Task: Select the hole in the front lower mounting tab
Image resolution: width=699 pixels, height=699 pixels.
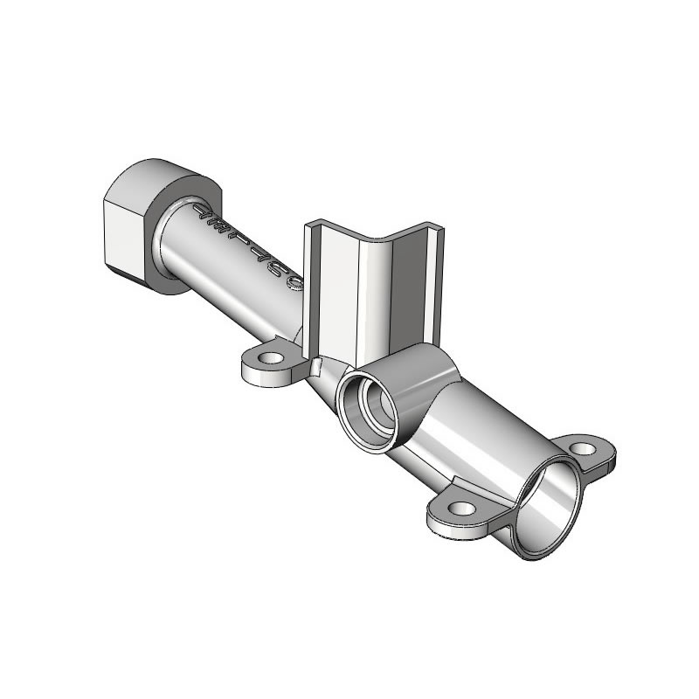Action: click(464, 508)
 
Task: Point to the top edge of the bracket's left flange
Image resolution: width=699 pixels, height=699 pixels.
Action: click(308, 227)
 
